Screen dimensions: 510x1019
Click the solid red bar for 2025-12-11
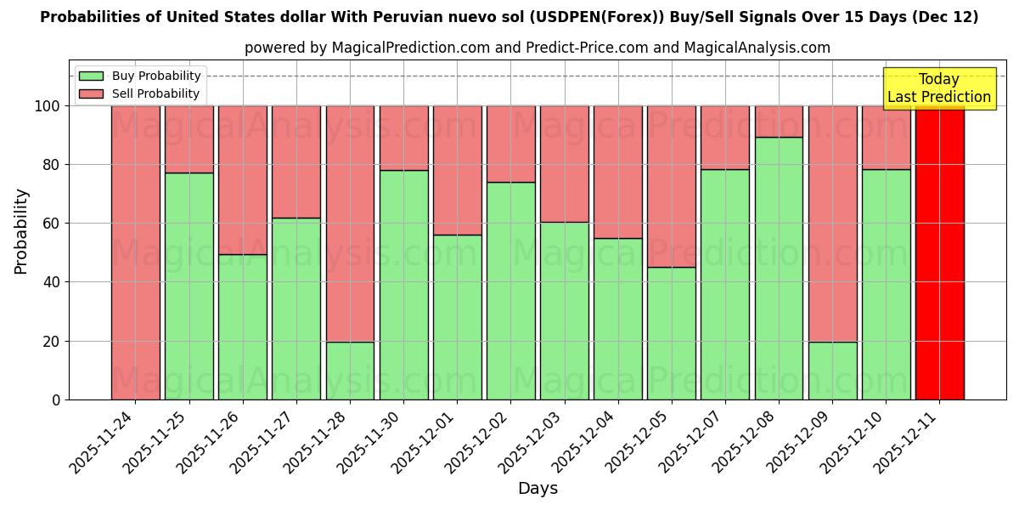pyautogui.click(x=939, y=252)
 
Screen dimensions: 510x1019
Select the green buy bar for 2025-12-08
pyautogui.click(x=779, y=268)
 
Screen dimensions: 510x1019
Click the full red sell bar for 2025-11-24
pyautogui.click(x=136, y=252)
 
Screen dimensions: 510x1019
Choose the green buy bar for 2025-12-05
pyautogui.click(x=671, y=333)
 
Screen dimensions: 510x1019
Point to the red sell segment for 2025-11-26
pyautogui.click(x=243, y=180)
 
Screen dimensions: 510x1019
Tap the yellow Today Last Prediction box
pyautogui.click(x=938, y=88)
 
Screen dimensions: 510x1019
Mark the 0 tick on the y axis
pyautogui.click(x=56, y=399)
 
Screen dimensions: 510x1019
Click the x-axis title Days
pyautogui.click(x=538, y=489)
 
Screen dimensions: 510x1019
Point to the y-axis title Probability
pyautogui.click(x=21, y=231)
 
